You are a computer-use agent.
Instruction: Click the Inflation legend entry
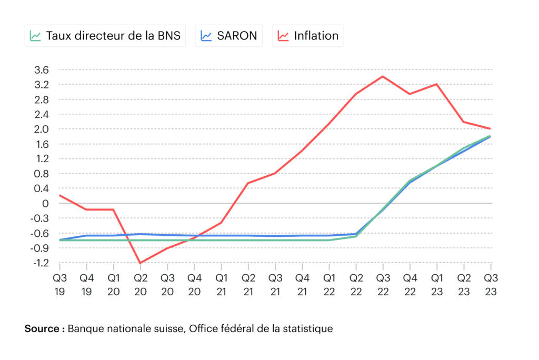point(308,36)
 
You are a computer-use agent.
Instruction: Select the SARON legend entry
point(229,36)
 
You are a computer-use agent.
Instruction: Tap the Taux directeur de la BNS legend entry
point(105,36)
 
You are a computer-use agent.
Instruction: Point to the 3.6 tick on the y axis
point(42,70)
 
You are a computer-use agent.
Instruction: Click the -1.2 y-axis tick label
point(41,263)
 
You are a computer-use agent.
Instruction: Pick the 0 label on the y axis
point(45,204)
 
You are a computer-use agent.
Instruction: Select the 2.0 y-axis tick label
point(42,129)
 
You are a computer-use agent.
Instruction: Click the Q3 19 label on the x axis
point(60,285)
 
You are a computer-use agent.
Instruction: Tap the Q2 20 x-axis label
point(141,285)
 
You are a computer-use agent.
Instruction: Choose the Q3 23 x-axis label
point(491,285)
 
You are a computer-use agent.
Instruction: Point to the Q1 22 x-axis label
point(330,285)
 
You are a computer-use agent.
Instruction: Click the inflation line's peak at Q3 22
point(383,76)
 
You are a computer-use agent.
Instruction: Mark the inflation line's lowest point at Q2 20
point(140,263)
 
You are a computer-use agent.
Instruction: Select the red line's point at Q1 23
point(437,84)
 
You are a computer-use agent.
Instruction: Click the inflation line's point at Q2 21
point(248,183)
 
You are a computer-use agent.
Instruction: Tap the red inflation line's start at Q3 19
point(60,195)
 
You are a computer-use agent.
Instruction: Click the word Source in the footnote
point(42,329)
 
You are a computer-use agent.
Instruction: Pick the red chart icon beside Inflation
point(283,36)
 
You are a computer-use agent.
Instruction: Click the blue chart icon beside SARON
point(206,36)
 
